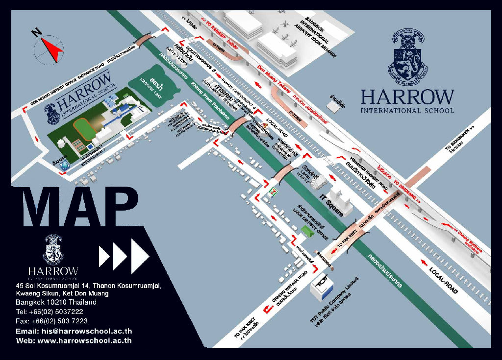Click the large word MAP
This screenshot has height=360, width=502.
point(80,207)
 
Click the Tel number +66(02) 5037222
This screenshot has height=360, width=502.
point(49,312)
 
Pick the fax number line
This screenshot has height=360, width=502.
point(51,321)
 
